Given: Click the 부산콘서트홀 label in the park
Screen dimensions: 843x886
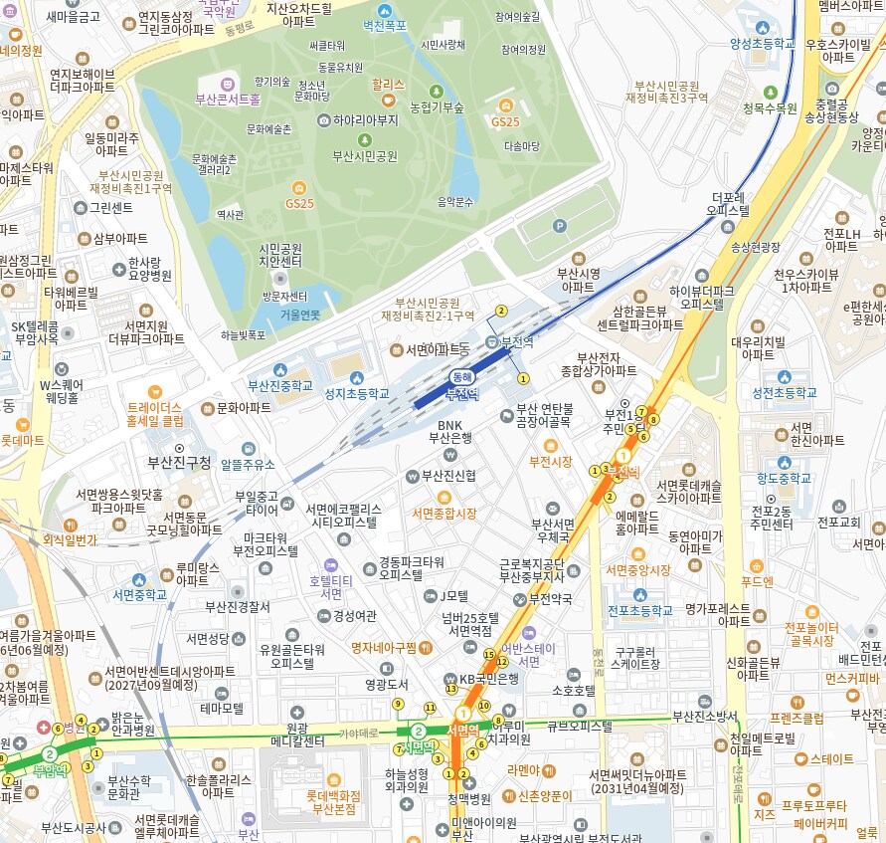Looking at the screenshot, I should [x=227, y=100].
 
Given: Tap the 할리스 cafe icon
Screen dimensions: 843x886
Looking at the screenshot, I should [x=388, y=101].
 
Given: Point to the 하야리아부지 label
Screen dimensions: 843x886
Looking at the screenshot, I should [x=365, y=120].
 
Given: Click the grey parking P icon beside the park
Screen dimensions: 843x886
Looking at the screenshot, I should [x=559, y=227].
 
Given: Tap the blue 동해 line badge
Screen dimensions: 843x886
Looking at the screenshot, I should [x=461, y=377].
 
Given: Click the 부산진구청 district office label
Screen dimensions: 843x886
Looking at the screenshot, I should [x=179, y=462].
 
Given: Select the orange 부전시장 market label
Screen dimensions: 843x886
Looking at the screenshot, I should [x=550, y=462].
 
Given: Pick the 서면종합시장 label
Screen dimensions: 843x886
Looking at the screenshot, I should [x=444, y=514].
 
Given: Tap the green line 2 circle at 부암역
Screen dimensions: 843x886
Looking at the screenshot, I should [x=50, y=755].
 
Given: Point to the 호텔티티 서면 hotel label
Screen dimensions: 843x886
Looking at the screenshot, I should [x=332, y=586].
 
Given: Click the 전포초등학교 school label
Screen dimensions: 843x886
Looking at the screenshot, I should [x=639, y=610].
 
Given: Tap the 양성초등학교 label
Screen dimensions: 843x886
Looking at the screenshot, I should [x=764, y=44].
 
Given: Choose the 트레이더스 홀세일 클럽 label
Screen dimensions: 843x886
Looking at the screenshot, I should [x=155, y=414].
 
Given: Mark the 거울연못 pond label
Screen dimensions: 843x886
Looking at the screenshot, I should [x=299, y=315].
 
